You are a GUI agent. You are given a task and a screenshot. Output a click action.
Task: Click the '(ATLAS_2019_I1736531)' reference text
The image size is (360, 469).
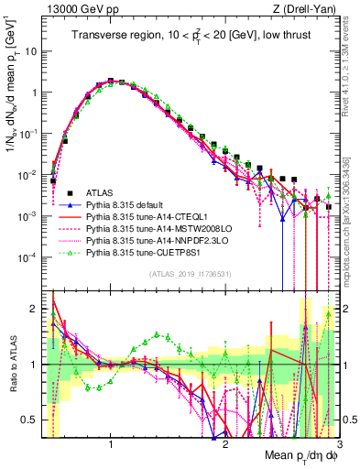191,274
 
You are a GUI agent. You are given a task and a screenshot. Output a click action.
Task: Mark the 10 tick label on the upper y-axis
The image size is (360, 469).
30,51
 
